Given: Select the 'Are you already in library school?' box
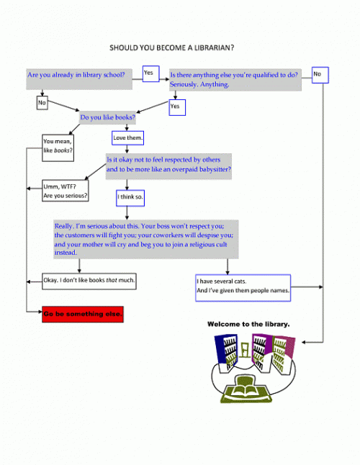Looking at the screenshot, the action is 79,79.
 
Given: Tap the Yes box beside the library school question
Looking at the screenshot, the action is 151,74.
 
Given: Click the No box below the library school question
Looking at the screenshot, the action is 42,103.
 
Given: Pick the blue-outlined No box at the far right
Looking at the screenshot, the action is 320,75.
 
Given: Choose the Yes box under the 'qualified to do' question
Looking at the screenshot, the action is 177,107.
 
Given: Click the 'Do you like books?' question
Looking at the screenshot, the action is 108,117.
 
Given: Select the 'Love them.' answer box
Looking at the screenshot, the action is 128,138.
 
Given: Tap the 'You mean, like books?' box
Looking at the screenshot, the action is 58,148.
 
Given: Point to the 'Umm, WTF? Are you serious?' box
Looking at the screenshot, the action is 66,191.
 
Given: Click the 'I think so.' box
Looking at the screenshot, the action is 130,198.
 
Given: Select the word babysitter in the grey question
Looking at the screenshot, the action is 215,169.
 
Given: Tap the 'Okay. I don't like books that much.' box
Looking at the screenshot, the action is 89,281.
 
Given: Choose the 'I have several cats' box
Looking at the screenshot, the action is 243,288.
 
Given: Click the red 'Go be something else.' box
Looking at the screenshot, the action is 83,315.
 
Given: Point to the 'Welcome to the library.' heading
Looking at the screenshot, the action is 248,324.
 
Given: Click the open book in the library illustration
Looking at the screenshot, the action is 246,389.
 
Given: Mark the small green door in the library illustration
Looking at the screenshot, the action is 245,350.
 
